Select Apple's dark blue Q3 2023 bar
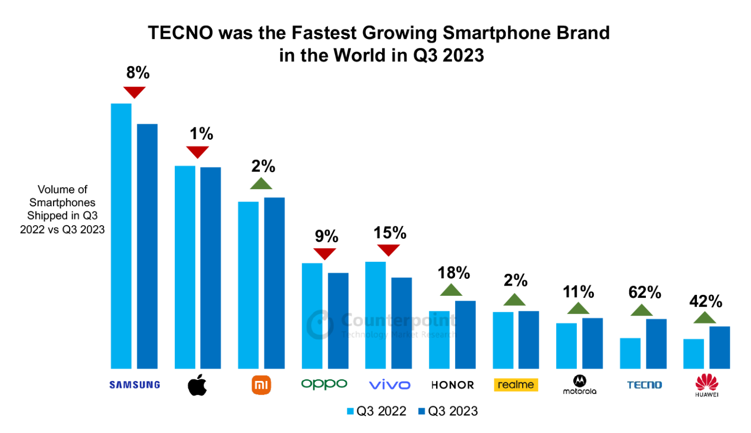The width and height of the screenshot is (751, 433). click(210, 268)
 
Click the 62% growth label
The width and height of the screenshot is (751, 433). click(644, 292)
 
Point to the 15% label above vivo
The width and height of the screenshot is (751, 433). click(390, 233)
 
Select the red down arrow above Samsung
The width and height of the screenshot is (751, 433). click(134, 92)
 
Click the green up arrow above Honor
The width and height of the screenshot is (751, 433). click(451, 290)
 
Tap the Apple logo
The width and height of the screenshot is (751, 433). click(197, 385)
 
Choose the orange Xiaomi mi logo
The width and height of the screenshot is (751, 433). click(261, 385)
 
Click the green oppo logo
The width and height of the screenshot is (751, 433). click(324, 384)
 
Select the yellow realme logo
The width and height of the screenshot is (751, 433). click(515, 385)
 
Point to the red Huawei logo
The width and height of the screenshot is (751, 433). click(707, 385)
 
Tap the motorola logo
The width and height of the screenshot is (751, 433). click(579, 385)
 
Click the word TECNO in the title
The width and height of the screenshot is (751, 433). click(180, 32)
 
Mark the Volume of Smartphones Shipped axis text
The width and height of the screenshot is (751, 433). click(62, 209)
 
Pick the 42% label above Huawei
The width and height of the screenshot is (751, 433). click(705, 301)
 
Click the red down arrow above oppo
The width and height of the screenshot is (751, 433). click(325, 253)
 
